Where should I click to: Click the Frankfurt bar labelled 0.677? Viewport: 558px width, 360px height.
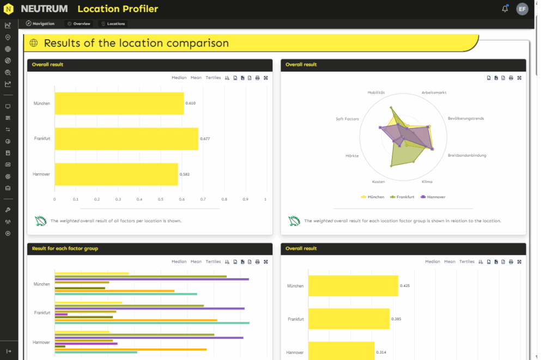(126, 139)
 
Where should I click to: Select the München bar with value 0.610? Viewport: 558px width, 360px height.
(119, 103)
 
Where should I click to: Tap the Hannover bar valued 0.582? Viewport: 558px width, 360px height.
(117, 174)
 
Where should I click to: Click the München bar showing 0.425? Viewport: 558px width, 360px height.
(353, 285)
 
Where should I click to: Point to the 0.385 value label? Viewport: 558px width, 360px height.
(396, 319)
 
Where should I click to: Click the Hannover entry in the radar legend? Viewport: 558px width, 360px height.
(433, 197)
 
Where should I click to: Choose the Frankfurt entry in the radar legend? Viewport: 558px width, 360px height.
(402, 197)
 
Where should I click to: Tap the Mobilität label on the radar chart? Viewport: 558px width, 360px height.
(376, 93)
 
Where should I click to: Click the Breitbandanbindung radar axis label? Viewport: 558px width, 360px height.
(467, 155)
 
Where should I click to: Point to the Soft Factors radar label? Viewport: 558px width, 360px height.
(347, 119)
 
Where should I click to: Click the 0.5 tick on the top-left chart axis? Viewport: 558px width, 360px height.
(161, 199)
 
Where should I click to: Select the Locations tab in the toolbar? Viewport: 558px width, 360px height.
(113, 24)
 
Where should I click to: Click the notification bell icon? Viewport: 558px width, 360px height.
(505, 9)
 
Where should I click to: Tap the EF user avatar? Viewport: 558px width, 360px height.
(522, 9)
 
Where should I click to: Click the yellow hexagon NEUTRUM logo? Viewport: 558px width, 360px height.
(9, 9)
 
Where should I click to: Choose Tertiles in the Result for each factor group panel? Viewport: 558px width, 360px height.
(213, 262)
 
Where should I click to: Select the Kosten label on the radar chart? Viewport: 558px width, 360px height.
(378, 182)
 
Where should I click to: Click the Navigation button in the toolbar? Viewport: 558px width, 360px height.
(40, 24)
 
